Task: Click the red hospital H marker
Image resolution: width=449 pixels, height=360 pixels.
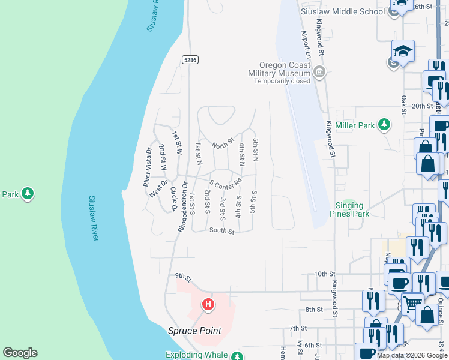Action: click(x=208, y=305)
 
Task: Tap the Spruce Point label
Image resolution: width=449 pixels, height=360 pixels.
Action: click(x=194, y=331)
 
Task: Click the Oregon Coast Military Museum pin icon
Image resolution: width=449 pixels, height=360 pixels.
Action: click(x=319, y=73)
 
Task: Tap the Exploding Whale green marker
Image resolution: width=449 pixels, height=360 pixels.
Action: click(x=237, y=355)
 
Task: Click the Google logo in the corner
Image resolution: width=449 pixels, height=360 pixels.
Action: click(x=20, y=353)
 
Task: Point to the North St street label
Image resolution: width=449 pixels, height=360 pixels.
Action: click(x=222, y=145)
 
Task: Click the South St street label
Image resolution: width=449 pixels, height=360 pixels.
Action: click(x=221, y=230)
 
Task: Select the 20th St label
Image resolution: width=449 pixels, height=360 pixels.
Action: click(x=422, y=106)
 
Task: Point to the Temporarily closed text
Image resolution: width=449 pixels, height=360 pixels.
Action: click(x=282, y=81)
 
